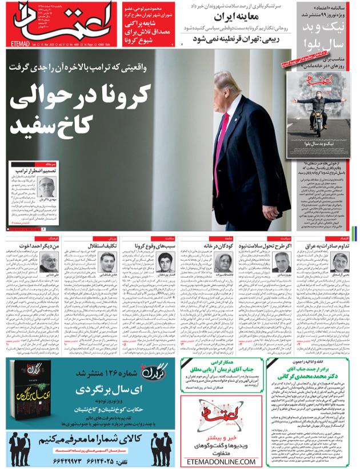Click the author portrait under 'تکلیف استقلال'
tap(109, 262)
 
